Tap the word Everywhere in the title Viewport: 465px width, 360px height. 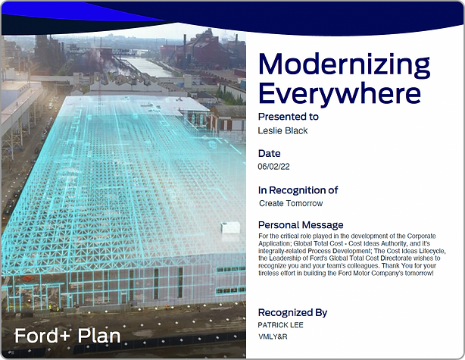click(339, 94)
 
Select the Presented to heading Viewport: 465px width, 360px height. click(289, 117)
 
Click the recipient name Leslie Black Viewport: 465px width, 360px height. click(282, 130)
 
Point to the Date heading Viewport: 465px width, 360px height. click(270, 153)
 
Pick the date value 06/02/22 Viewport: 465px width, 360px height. click(273, 167)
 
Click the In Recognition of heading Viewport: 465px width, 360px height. click(298, 190)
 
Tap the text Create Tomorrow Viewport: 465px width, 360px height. click(291, 203)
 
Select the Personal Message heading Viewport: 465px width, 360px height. click(301, 225)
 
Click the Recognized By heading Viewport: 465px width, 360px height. click(292, 312)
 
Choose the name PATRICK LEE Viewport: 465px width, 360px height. click(280, 325)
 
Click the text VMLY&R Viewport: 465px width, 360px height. click(273, 337)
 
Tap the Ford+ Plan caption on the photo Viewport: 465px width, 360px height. click(67, 336)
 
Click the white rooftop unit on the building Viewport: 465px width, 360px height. click(230, 227)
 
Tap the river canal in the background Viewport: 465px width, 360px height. click(148, 67)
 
